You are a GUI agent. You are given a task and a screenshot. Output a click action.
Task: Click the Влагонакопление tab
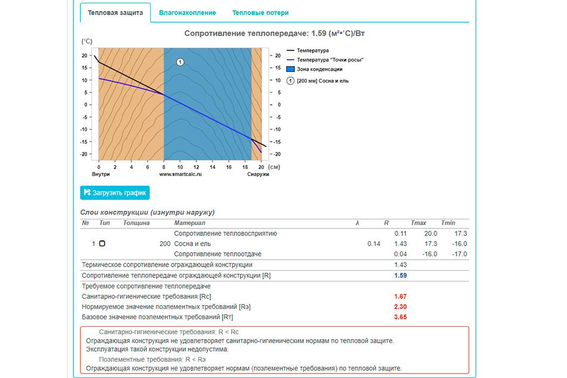(x=187, y=12)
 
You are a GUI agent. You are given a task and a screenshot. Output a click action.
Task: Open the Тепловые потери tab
(x=260, y=12)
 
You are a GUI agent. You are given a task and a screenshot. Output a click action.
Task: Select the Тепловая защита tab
(x=115, y=12)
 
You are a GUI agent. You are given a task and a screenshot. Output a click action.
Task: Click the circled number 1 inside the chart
(x=180, y=62)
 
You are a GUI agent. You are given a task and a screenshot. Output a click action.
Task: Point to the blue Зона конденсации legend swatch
(x=290, y=69)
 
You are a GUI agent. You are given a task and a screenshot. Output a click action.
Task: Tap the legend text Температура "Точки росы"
(x=330, y=60)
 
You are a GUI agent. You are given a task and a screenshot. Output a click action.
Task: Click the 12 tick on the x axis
(x=197, y=167)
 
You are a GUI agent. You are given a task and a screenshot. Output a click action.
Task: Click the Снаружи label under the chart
(x=258, y=174)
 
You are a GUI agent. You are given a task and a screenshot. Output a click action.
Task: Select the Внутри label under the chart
(x=101, y=174)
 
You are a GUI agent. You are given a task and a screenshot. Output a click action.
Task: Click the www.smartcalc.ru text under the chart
(x=180, y=174)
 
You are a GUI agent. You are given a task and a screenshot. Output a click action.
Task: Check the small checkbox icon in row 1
(x=102, y=244)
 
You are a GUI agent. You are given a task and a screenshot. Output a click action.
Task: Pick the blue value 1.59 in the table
(x=400, y=275)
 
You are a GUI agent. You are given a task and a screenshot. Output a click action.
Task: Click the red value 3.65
(x=400, y=317)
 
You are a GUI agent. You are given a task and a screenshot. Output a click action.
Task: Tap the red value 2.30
(x=400, y=307)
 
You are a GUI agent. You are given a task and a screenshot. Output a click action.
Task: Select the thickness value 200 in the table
(x=165, y=244)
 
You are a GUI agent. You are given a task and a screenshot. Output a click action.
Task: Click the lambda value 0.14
(x=374, y=244)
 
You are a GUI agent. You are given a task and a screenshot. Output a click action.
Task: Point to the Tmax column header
(x=418, y=223)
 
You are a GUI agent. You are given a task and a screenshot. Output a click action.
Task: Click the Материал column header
(x=190, y=223)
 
